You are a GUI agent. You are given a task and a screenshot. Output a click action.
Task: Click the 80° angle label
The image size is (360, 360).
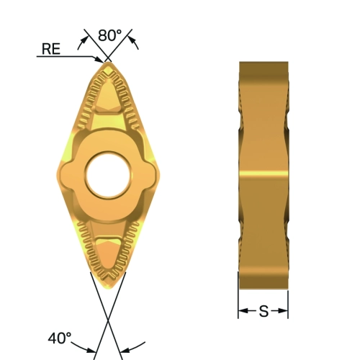(109, 35)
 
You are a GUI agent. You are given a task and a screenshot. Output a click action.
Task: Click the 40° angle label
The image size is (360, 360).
(60, 338)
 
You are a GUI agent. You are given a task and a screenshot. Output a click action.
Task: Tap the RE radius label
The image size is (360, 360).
(51, 49)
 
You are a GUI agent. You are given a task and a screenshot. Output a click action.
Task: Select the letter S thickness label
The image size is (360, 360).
(264, 311)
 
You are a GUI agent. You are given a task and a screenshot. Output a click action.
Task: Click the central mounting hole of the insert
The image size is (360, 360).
(108, 175)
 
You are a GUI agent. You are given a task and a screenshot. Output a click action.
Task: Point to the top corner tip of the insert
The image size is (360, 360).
(108, 62)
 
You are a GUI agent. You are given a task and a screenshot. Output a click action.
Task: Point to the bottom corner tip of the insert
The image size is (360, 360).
(109, 289)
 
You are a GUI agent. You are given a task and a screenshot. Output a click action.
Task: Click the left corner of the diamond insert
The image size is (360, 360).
(57, 174)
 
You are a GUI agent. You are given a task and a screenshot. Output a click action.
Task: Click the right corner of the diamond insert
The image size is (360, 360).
(161, 174)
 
